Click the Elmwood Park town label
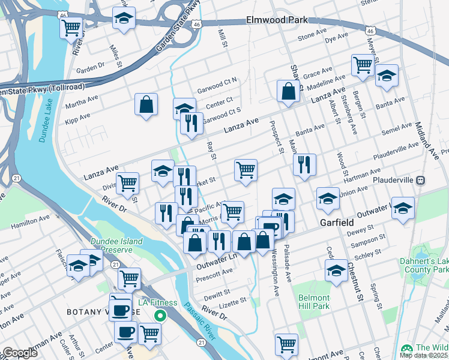click(277, 20)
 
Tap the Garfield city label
click(336, 222)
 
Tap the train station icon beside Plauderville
click(421, 180)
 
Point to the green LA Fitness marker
click(160, 315)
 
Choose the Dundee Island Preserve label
click(116, 245)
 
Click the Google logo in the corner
click(20, 353)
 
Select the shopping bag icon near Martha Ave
click(146, 105)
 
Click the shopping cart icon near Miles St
click(71, 26)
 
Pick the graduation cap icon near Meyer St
click(387, 76)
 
